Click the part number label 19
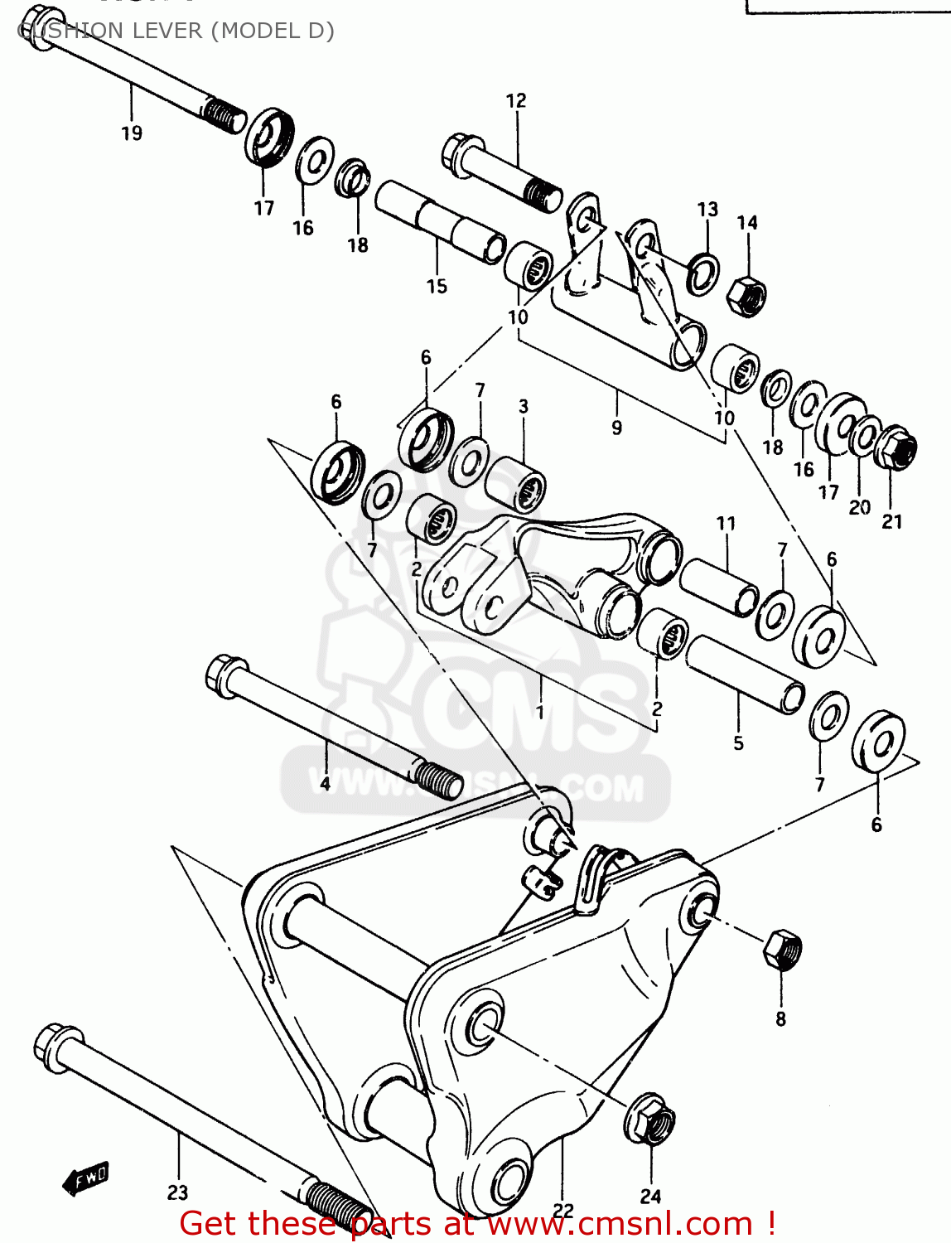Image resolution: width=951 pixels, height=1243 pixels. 132,133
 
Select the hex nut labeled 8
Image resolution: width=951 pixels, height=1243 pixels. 782,950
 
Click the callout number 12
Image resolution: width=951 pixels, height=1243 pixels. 516,100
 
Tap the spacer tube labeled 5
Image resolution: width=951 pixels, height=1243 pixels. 745,674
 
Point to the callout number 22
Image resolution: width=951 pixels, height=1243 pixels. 563,1211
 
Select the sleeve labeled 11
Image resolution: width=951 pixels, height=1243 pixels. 718,587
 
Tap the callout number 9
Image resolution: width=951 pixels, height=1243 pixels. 616,428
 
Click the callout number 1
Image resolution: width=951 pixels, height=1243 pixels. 539,712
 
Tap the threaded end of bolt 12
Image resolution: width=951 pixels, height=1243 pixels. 542,195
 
